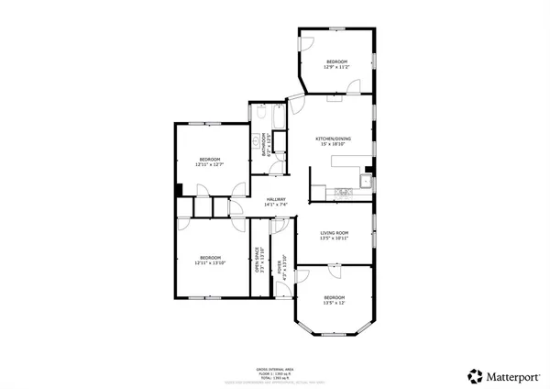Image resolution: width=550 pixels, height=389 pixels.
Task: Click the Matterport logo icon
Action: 476,375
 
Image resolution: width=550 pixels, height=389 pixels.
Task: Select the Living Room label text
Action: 335,233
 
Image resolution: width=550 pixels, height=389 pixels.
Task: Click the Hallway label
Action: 276,199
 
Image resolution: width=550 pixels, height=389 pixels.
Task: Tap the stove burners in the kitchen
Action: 346,192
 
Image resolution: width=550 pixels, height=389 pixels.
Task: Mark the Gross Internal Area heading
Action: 275,368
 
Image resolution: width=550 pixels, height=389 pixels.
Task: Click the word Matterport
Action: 511,375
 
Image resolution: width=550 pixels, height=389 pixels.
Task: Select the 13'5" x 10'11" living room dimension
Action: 335,239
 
